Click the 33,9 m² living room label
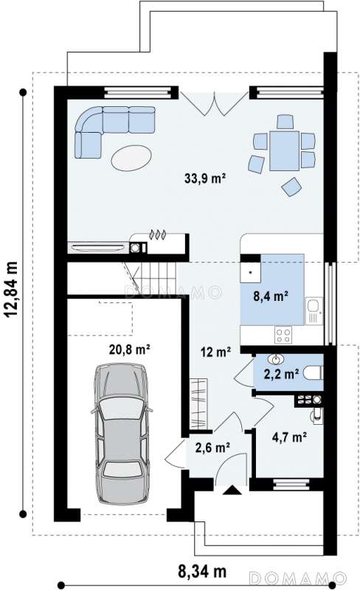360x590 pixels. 205,178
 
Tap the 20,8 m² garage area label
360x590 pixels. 130,350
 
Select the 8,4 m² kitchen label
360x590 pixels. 271,296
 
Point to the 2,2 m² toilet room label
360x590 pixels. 281,374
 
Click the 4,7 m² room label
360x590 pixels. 289,437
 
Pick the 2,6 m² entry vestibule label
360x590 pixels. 212,448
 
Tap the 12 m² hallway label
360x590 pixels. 215,353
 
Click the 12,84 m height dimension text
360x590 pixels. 11,290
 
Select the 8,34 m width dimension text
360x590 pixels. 202,572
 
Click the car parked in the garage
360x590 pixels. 122,434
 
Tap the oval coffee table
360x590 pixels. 131,158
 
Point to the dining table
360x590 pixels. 284,150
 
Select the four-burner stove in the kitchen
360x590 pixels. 283,335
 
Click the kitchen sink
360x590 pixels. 314,310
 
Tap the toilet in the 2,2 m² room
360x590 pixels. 313,373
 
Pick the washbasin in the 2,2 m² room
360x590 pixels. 276,359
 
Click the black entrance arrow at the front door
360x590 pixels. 232,490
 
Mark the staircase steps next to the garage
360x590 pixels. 154,275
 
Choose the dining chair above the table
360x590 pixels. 285,122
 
